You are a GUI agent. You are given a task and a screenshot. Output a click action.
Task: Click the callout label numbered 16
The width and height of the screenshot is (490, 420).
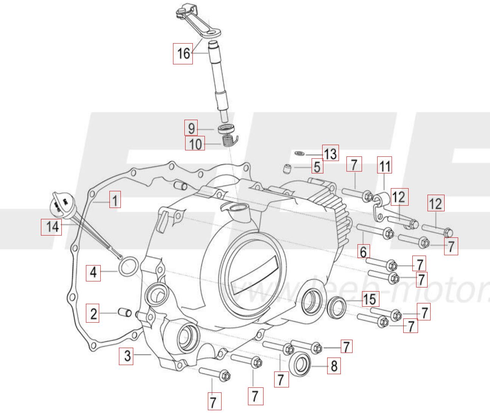click(x=183, y=53)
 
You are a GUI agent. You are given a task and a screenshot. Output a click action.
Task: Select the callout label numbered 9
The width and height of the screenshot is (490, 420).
click(x=191, y=128)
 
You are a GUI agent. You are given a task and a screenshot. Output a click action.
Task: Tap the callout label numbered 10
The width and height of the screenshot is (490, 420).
click(x=195, y=144)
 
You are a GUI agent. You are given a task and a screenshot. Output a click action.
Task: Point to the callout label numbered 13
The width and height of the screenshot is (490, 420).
click(x=330, y=153)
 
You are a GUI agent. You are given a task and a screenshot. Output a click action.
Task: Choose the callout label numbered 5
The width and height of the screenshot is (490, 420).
click(x=317, y=166)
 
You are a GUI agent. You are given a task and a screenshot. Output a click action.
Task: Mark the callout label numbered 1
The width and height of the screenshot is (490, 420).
click(x=115, y=199)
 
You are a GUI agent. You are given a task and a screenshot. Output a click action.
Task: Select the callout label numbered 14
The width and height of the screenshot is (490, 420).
click(x=51, y=227)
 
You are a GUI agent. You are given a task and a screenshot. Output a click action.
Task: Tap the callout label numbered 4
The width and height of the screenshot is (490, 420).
click(x=93, y=272)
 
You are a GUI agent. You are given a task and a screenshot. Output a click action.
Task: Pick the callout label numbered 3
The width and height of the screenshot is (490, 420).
click(x=127, y=356)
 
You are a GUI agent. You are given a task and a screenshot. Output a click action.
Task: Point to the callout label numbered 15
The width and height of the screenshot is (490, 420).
click(x=370, y=299)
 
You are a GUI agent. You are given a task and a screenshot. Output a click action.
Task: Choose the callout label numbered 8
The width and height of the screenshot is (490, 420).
click(x=334, y=366)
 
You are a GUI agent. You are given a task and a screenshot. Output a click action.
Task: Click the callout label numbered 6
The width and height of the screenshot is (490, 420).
click(x=363, y=251)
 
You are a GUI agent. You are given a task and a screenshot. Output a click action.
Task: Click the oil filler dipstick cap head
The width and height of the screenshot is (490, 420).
click(x=61, y=201)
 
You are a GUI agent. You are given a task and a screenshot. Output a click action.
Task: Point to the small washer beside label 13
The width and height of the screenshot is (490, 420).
click(x=299, y=153)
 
